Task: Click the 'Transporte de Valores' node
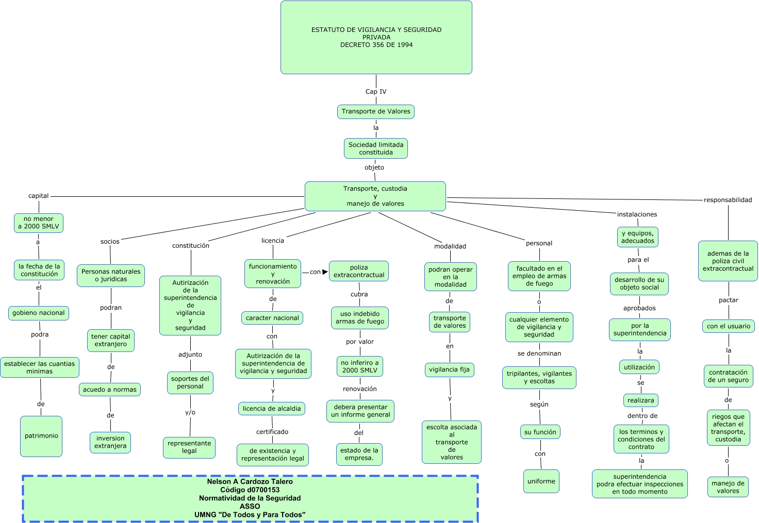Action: [x=376, y=111]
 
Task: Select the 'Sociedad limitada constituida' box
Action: [x=376, y=148]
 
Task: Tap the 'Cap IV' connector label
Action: [x=376, y=92]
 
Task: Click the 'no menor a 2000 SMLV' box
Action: [x=39, y=223]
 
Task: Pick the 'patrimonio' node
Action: [x=41, y=436]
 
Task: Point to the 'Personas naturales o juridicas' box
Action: [x=111, y=275]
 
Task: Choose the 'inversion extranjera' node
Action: [x=110, y=442]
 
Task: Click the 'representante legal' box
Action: [x=189, y=447]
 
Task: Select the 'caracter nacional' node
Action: [x=272, y=318]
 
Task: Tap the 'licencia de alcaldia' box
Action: [x=272, y=409]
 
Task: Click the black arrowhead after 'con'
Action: [x=325, y=272]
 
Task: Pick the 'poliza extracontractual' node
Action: [x=359, y=271]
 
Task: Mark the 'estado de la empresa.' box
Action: [x=359, y=454]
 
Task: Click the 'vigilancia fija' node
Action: [x=449, y=369]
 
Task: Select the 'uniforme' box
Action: [x=541, y=481]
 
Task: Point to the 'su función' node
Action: [x=540, y=432]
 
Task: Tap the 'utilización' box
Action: [x=639, y=367]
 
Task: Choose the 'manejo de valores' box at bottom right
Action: [x=728, y=487]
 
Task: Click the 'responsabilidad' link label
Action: [x=728, y=200]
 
